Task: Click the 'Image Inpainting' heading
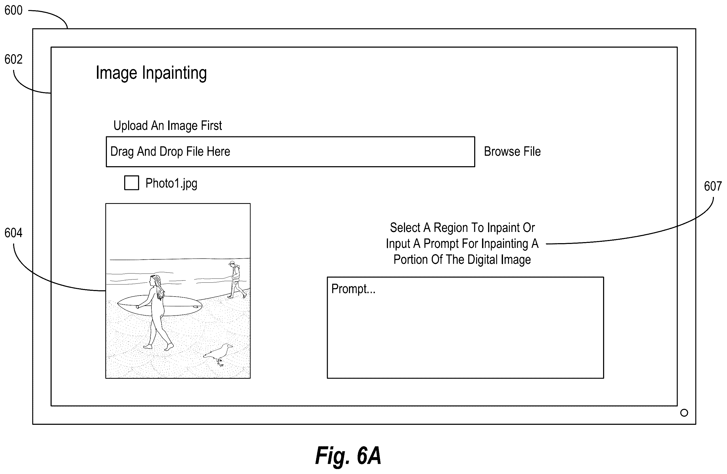tap(151, 73)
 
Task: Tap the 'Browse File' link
tap(512, 151)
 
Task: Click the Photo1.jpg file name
tap(171, 183)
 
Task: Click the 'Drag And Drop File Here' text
tap(170, 151)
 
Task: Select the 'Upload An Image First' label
tap(168, 125)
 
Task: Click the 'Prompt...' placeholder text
tap(353, 289)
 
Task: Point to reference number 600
tap(13, 10)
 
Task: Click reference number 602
tap(13, 59)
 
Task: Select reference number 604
tap(13, 233)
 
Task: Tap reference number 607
tap(713, 186)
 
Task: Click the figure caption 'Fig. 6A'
tap(348, 455)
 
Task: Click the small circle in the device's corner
tap(684, 413)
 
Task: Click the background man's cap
tap(232, 263)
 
